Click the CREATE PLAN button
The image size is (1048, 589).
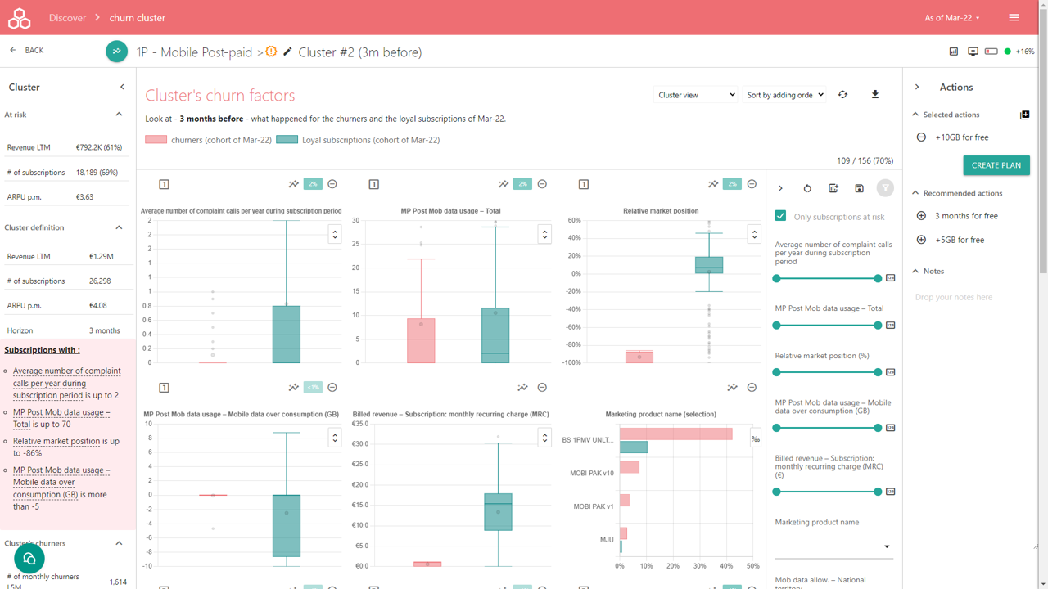(996, 165)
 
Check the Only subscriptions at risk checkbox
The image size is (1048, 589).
(780, 216)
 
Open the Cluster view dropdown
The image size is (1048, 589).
(696, 95)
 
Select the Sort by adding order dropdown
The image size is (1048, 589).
(784, 95)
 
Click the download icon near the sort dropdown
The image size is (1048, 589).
(874, 95)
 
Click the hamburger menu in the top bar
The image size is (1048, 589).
(1014, 18)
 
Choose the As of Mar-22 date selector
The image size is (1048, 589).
(951, 18)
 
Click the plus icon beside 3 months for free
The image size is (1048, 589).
(921, 216)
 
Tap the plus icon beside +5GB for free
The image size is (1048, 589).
(921, 240)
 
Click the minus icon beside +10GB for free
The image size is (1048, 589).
(921, 137)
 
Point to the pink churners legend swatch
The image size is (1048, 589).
(156, 140)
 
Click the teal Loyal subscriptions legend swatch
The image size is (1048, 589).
(287, 140)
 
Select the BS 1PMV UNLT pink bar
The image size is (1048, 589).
(675, 434)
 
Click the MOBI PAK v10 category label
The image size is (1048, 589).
(591, 474)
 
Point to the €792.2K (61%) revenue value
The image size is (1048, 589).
(98, 148)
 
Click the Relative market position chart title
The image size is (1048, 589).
(661, 211)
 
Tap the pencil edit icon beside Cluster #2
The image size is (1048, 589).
(287, 52)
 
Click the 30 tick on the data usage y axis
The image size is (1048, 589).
(356, 220)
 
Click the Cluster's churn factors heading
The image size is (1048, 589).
(219, 96)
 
